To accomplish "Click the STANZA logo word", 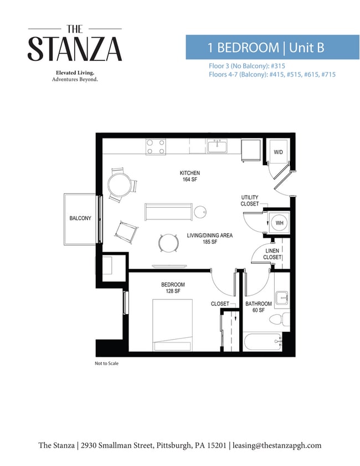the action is pos(75,49).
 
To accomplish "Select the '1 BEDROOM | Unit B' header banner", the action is pos(272,47).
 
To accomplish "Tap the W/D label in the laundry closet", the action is pos(279,152).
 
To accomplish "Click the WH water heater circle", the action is pos(280,223).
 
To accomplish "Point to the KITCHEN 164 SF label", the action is pos(190,176).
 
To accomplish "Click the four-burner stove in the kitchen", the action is pos(156,147).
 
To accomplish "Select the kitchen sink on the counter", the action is pos(218,146).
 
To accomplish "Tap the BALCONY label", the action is pos(80,218).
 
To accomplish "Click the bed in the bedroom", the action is pos(173,325).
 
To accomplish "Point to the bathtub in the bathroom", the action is pos(263,342).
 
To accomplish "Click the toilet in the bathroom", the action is pos(279,320).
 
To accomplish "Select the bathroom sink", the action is pos(281,298).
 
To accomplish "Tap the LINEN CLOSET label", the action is pos(272,254).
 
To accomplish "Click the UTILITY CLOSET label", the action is pos(249,201).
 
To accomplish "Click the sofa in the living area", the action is pos(168,212).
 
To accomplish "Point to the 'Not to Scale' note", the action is pos(107,363).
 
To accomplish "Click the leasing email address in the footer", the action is pos(277,445).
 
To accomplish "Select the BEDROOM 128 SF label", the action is pos(173,288).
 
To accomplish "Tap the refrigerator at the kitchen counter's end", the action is pos(251,150).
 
